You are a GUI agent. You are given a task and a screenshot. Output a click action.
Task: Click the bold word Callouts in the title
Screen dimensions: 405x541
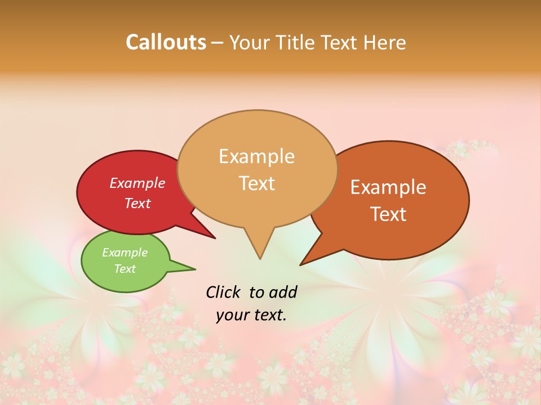pyautogui.click(x=166, y=42)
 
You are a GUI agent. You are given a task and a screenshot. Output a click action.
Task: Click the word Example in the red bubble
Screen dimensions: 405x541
pyautogui.click(x=137, y=183)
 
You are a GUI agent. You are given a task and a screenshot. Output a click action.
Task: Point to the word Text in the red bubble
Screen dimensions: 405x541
pyautogui.click(x=137, y=203)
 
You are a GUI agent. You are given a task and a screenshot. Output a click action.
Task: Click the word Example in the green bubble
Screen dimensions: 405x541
pyautogui.click(x=125, y=253)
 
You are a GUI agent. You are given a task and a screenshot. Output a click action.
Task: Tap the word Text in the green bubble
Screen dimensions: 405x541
pyautogui.click(x=125, y=269)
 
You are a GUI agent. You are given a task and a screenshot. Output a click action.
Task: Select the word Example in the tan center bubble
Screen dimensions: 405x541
pyautogui.click(x=256, y=156)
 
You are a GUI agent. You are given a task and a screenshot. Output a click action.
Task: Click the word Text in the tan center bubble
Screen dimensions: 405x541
pyautogui.click(x=256, y=183)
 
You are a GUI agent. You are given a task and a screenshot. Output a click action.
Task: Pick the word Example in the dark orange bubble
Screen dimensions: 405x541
pyautogui.click(x=388, y=187)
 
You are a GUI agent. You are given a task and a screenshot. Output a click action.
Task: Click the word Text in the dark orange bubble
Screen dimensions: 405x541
pyautogui.click(x=388, y=214)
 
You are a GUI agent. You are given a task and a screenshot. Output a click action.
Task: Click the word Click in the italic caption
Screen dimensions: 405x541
pyautogui.click(x=223, y=292)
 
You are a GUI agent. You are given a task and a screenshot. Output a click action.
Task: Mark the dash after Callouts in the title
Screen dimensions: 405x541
pyautogui.click(x=218, y=43)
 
